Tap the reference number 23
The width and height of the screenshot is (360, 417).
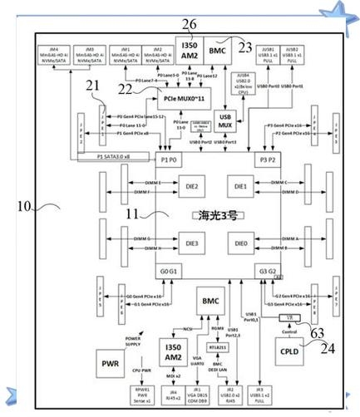245,47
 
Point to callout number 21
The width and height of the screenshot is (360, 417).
92,85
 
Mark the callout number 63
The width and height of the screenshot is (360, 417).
318,332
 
